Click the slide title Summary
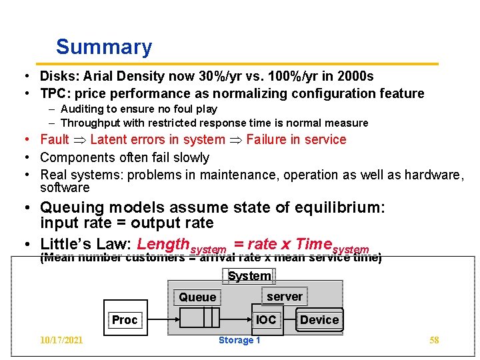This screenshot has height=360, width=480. pyautogui.click(x=104, y=47)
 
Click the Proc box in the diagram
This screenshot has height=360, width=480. pyautogui.click(x=125, y=320)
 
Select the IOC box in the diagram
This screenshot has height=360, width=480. pyautogui.click(x=266, y=320)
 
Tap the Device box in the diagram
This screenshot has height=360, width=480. pyautogui.click(x=319, y=320)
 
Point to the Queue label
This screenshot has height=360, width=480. pyautogui.click(x=197, y=297)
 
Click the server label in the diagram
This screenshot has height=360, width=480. pyautogui.click(x=285, y=297)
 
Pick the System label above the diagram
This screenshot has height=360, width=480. pyautogui.click(x=249, y=276)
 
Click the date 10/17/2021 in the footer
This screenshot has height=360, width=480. pyautogui.click(x=61, y=341)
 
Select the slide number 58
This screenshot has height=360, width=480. pyautogui.click(x=434, y=341)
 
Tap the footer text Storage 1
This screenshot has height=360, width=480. pyautogui.click(x=239, y=341)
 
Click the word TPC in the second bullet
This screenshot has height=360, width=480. pyautogui.click(x=53, y=94)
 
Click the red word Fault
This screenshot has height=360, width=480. pyautogui.click(x=55, y=139)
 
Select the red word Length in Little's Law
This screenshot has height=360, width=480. pyautogui.click(x=163, y=244)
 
